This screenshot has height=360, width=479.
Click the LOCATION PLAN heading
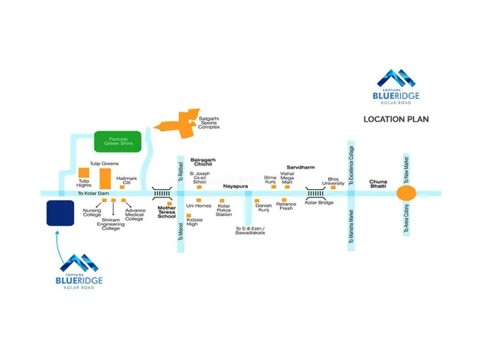point(396,119)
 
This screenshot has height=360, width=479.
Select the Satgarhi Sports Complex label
point(209,123)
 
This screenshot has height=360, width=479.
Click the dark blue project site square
point(60,214)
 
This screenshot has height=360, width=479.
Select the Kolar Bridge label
point(318,203)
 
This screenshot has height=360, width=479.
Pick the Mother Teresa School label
point(166,212)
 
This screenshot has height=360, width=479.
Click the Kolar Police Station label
point(224,210)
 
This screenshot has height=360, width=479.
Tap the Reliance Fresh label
point(287,206)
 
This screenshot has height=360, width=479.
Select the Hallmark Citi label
point(126,180)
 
